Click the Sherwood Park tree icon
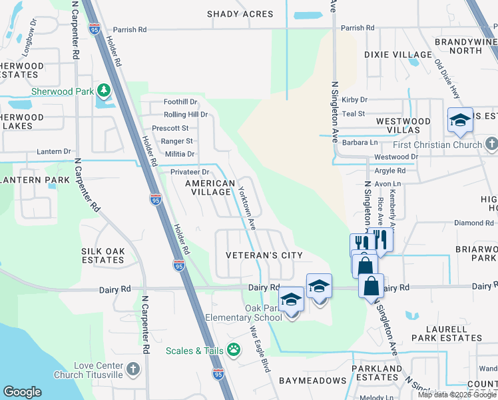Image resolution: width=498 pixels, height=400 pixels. click(x=103, y=91)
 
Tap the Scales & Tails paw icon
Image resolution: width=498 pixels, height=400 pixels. click(x=234, y=349)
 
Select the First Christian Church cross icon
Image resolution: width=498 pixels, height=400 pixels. click(x=491, y=144)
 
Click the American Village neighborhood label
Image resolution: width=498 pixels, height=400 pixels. click(x=210, y=187)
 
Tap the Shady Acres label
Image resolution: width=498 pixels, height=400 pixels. click(x=240, y=14)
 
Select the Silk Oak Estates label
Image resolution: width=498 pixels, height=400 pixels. click(x=103, y=255)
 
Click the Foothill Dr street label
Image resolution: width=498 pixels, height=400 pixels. click(x=180, y=102)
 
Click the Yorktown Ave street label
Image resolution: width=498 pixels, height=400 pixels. click(x=247, y=207)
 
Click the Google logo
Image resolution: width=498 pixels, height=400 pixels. click(x=22, y=392)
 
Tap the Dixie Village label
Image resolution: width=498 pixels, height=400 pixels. click(x=398, y=55)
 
